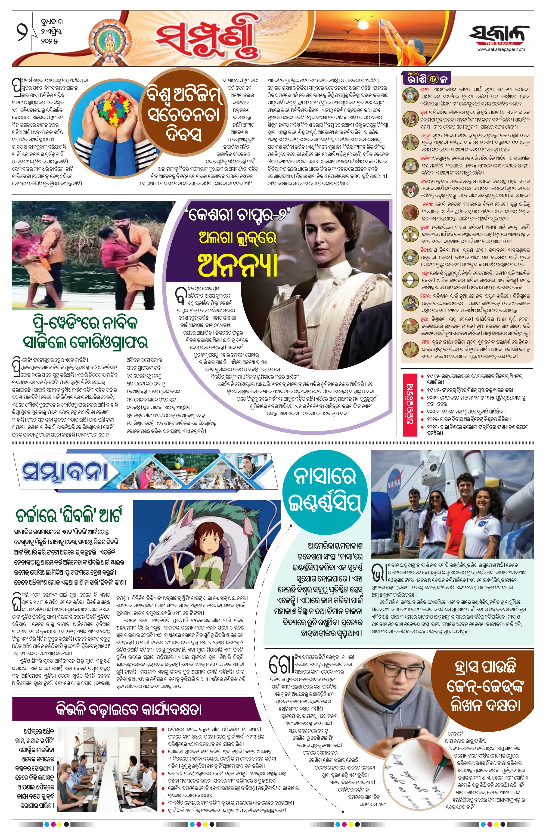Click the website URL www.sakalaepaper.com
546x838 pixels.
tap(501, 50)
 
